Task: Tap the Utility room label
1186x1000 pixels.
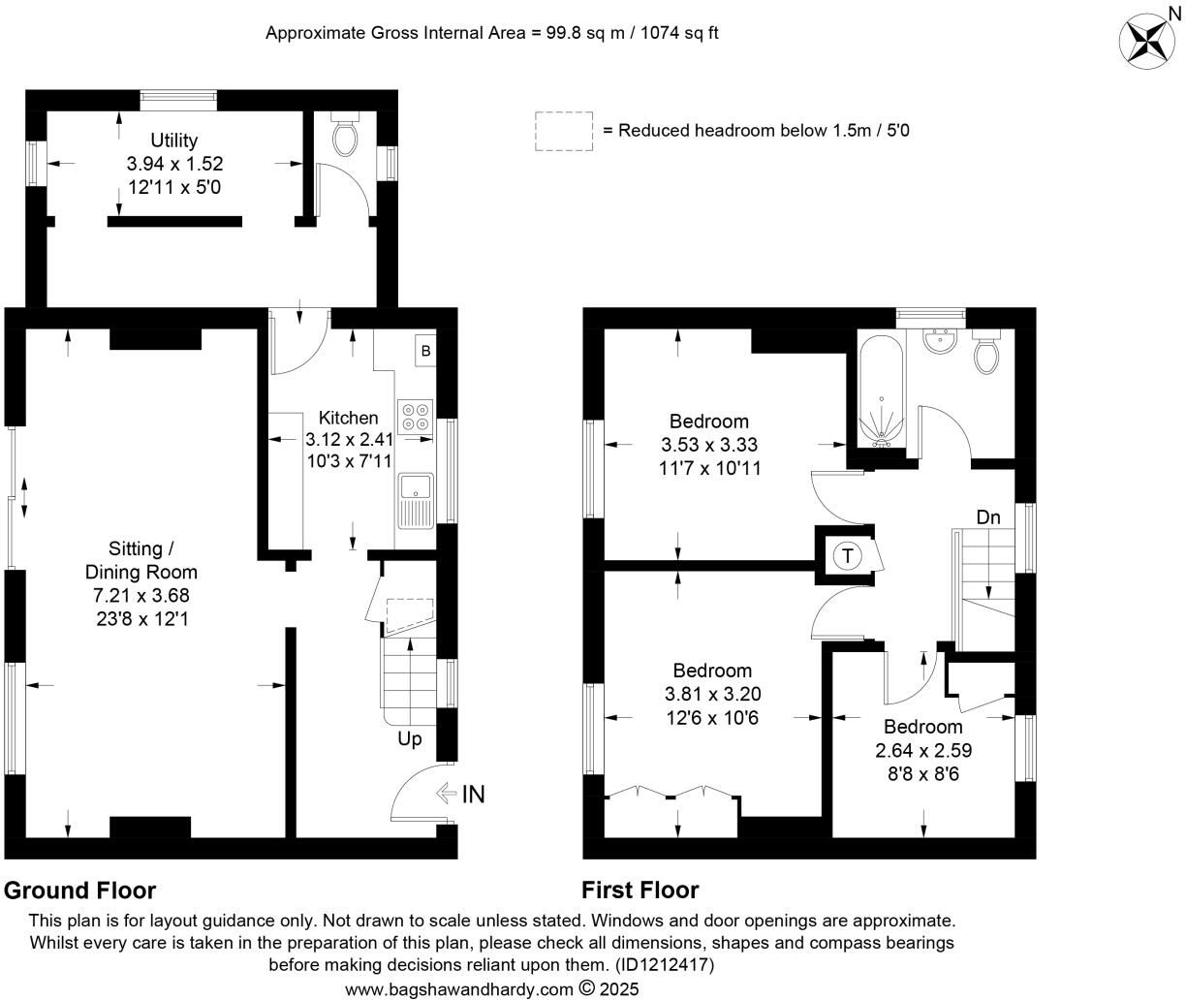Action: tap(174, 141)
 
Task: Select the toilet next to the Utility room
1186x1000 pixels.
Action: tap(345, 138)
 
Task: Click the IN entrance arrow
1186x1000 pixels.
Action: tap(460, 795)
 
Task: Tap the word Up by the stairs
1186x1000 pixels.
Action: tap(410, 739)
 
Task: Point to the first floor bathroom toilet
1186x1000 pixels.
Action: tap(987, 354)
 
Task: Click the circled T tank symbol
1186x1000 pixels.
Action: tap(848, 556)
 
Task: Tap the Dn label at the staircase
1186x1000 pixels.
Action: tap(987, 517)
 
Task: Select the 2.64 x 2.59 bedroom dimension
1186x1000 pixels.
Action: tap(922, 750)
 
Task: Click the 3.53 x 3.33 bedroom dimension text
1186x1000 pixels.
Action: tap(708, 446)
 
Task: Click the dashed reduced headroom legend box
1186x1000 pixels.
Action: tap(563, 131)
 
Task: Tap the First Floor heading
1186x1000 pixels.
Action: tap(640, 890)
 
